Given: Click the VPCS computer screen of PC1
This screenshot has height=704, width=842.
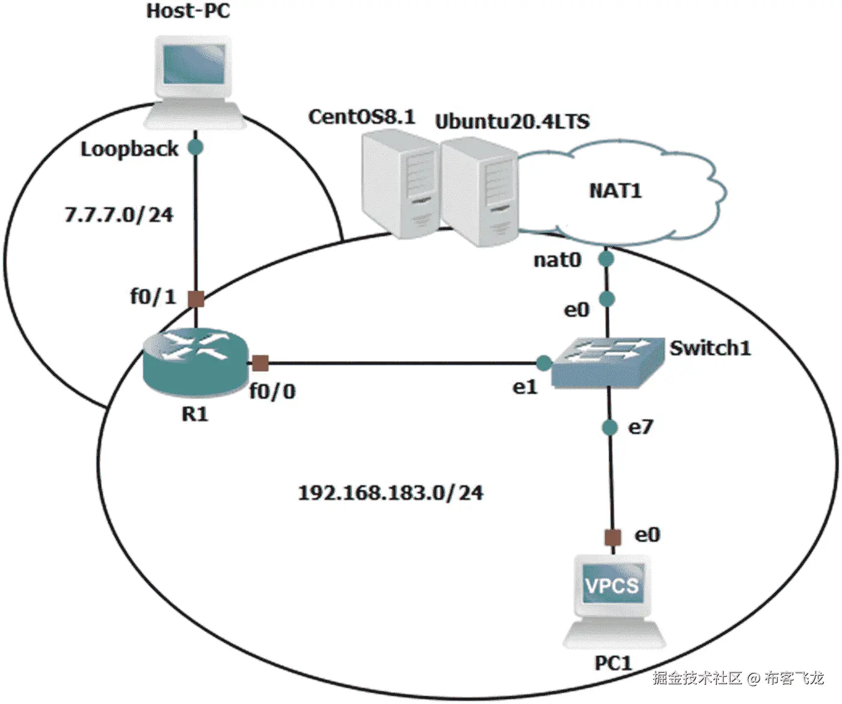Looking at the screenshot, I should tap(612, 585).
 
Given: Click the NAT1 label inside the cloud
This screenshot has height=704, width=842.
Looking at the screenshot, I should tap(615, 191).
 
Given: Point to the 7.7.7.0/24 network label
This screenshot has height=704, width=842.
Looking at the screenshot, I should tap(118, 214).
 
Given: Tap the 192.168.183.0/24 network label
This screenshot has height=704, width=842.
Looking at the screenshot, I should tap(391, 493).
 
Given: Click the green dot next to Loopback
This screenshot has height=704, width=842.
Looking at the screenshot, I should tap(195, 147).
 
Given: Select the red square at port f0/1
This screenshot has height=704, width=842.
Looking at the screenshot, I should tap(196, 298).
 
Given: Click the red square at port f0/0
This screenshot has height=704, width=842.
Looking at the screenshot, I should tap(260, 363).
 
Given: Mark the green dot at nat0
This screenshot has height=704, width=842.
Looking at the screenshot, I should tap(606, 259).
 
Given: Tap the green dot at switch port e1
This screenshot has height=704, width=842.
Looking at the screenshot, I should tap(543, 363).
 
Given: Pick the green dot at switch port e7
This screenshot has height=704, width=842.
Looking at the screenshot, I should tap(610, 427).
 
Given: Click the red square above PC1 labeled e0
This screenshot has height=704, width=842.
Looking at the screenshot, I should tap(612, 537).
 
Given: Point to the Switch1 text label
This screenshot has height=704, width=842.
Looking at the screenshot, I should tap(710, 348).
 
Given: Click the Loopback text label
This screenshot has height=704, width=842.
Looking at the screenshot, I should tap(129, 149).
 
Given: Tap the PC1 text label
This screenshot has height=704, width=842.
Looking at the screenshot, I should tap(613, 663).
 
